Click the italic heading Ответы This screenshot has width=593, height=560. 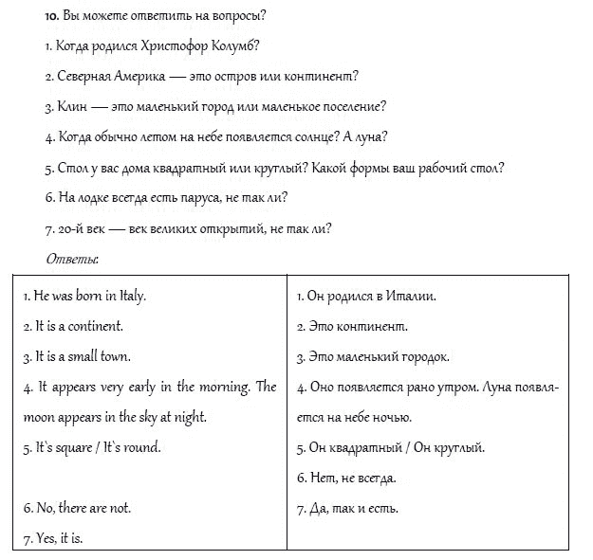pos(73,258)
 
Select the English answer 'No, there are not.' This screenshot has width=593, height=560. pos(77,508)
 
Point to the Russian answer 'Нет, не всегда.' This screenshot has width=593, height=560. pos(346,478)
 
